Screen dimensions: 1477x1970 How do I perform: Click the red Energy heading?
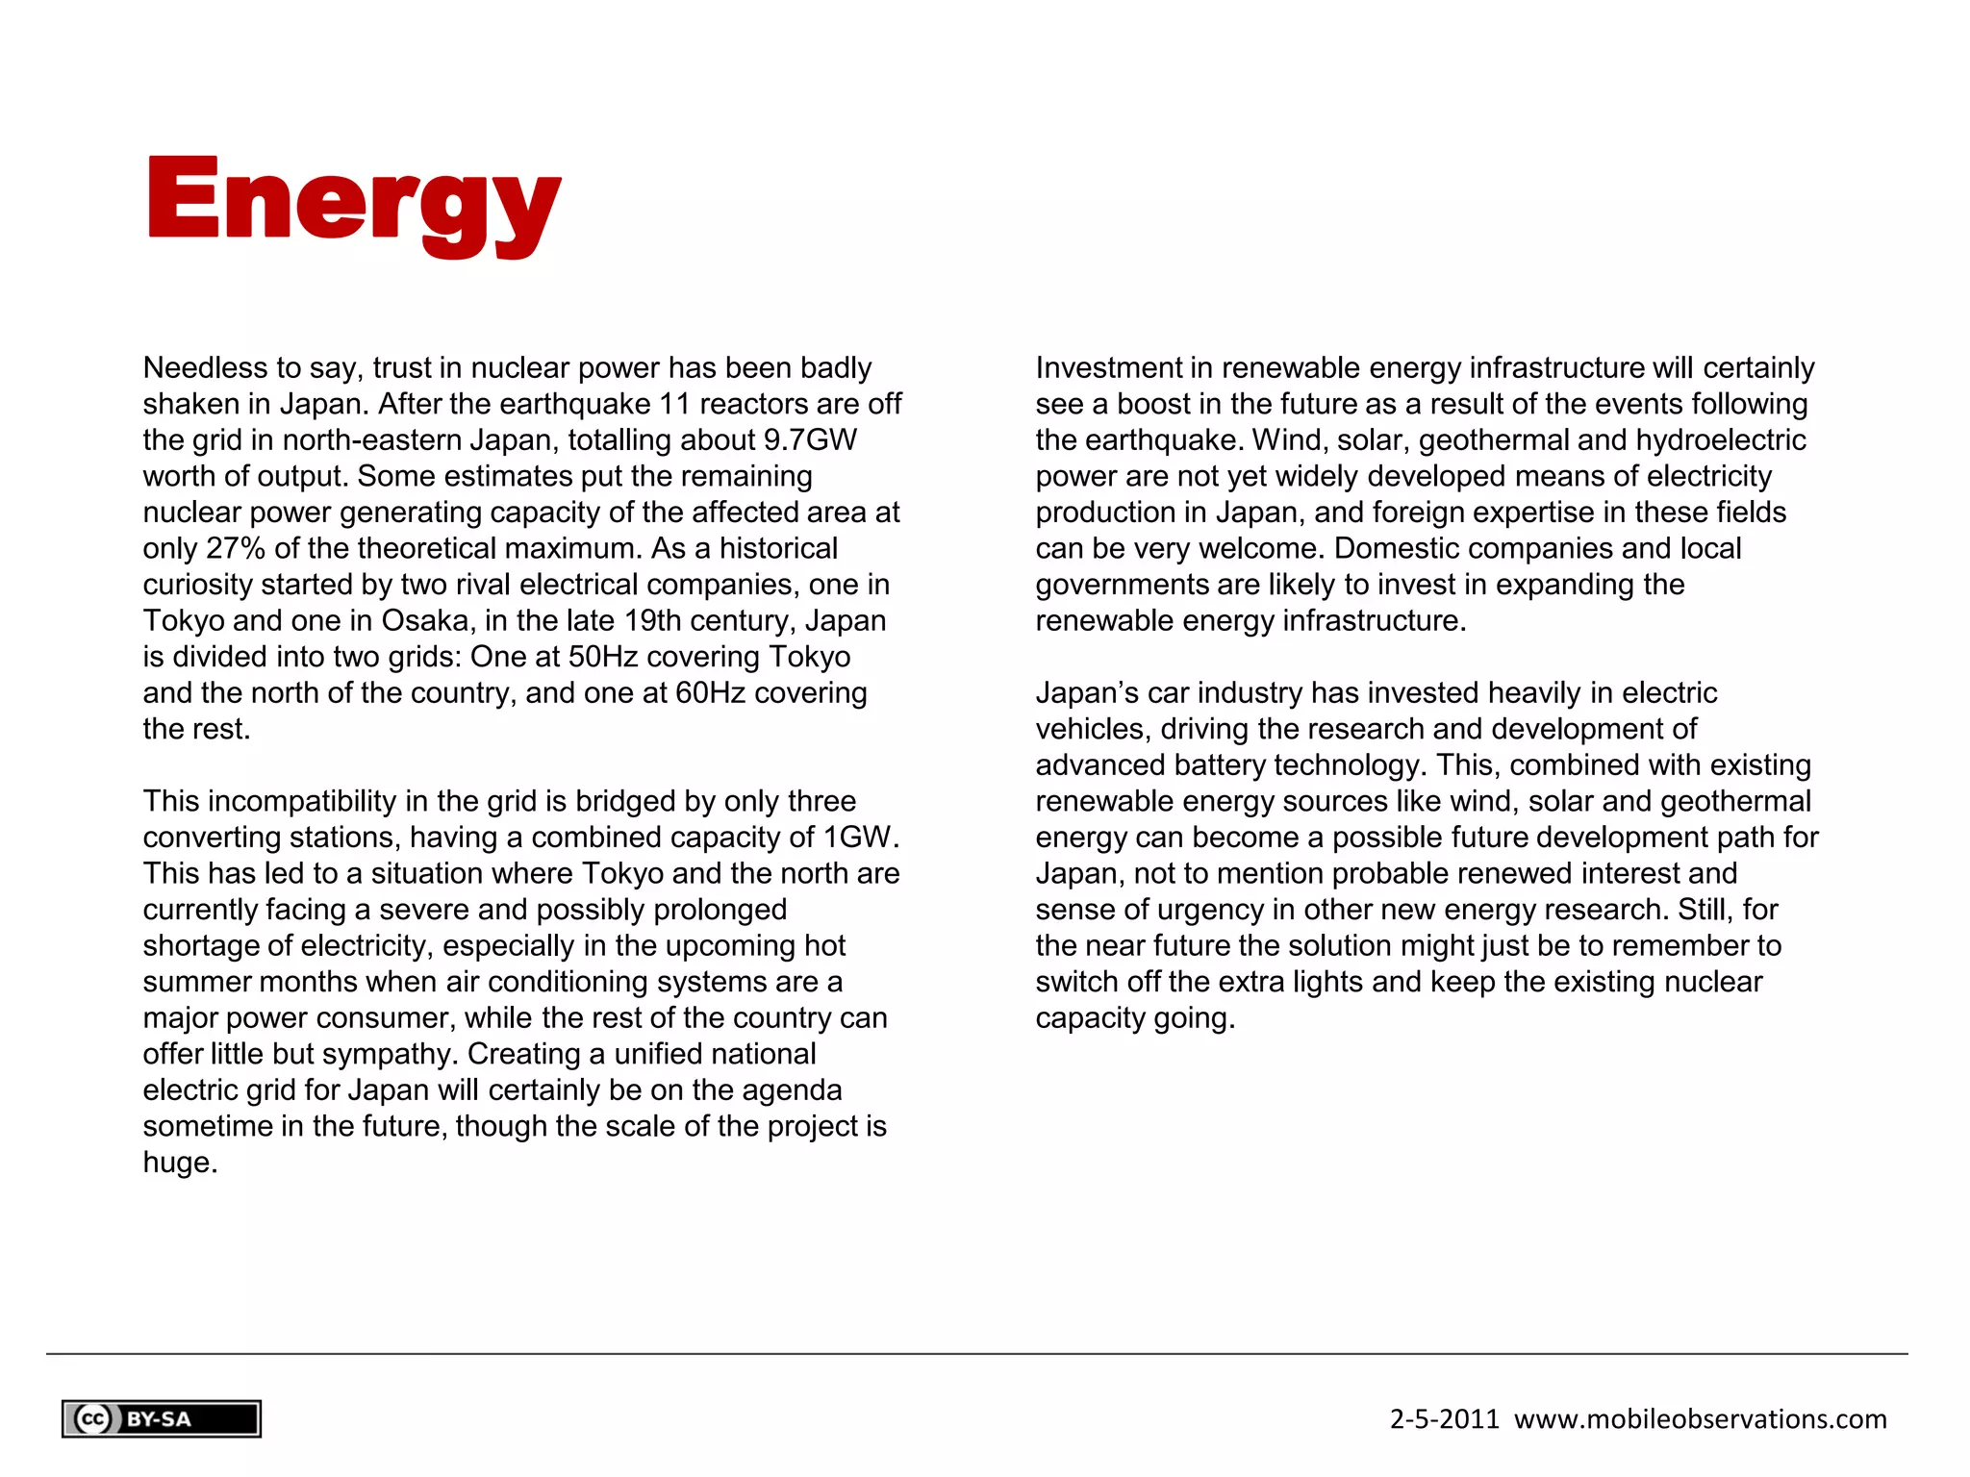pyautogui.click(x=353, y=204)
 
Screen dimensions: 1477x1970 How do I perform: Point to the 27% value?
pyautogui.click(x=236, y=549)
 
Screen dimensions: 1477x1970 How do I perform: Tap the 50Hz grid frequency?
pyautogui.click(x=597, y=657)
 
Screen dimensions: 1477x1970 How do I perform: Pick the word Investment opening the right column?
pyautogui.click(x=1109, y=368)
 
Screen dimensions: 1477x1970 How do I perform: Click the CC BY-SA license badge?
pyautogui.click(x=162, y=1419)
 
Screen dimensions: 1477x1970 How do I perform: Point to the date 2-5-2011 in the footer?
pyautogui.click(x=1444, y=1419)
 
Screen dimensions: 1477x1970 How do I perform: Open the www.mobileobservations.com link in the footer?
pyautogui.click(x=1700, y=1419)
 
